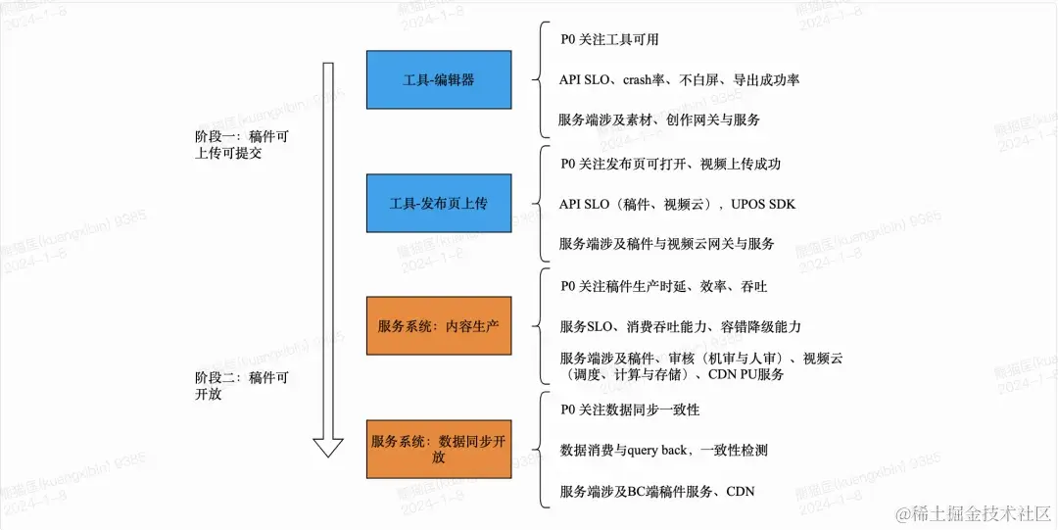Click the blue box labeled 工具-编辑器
(x=439, y=79)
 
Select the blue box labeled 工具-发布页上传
(x=439, y=204)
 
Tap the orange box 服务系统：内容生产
(x=439, y=325)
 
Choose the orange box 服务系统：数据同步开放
(x=439, y=449)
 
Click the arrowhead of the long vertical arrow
(x=328, y=446)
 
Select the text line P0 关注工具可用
(x=609, y=40)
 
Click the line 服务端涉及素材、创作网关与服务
(x=659, y=120)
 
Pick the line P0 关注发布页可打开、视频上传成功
(x=670, y=164)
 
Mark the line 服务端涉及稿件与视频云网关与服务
(x=667, y=243)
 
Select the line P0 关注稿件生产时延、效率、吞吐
(x=663, y=286)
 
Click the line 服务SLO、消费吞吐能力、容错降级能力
(x=681, y=326)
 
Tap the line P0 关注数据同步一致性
(x=629, y=409)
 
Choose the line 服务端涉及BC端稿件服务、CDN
(x=656, y=491)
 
